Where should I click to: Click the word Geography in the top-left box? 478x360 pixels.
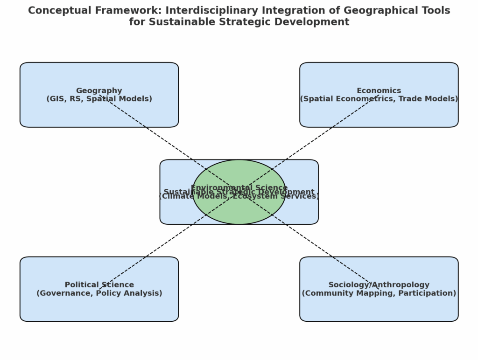pyautogui.click(x=99, y=90)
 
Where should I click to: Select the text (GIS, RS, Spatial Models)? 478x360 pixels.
pyautogui.click(x=99, y=99)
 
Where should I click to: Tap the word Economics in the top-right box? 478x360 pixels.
pyautogui.click(x=379, y=90)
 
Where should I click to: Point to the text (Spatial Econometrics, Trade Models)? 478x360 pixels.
pyautogui.click(x=379, y=99)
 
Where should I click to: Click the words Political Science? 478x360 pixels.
pyautogui.click(x=99, y=284)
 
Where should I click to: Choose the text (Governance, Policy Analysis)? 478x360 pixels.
pyautogui.click(x=99, y=293)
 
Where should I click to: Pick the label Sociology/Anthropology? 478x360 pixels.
pyautogui.click(x=379, y=284)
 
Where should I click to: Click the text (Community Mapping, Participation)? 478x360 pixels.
pyautogui.click(x=379, y=293)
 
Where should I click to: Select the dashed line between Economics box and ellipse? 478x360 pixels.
pyautogui.click(x=322, y=133)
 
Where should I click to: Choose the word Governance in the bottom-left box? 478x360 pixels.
pyautogui.click(x=63, y=293)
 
